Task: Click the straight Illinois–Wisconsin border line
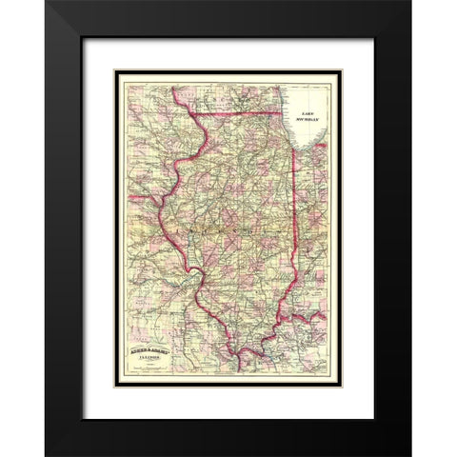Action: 238,106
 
